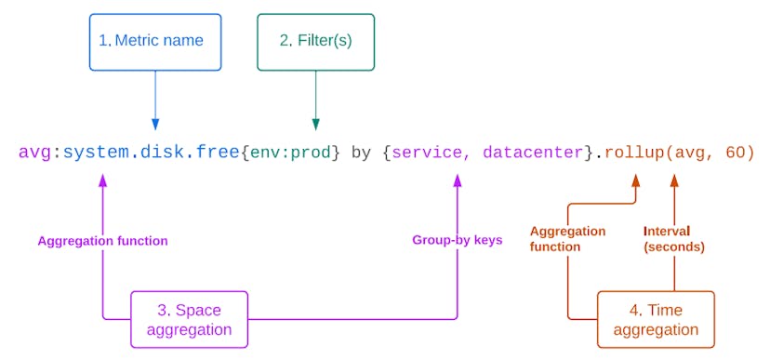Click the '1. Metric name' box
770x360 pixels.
(155, 42)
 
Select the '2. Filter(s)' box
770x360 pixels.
(315, 42)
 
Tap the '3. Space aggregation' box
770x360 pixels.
(190, 319)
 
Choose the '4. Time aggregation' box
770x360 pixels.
(656, 319)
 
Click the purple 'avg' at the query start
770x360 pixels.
(35, 153)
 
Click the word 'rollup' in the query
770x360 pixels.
(631, 153)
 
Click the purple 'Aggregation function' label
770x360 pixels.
(102, 241)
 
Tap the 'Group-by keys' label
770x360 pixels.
(457, 240)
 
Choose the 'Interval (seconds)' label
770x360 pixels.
(673, 239)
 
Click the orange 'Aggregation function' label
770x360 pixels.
(567, 239)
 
